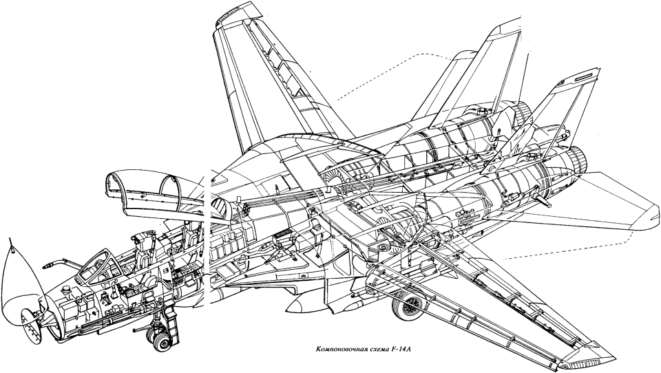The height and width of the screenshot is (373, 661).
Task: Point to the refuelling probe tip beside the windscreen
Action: (x=47, y=266)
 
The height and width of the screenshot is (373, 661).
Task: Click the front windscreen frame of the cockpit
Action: (x=95, y=265)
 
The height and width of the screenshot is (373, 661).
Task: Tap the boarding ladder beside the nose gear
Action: (x=174, y=320)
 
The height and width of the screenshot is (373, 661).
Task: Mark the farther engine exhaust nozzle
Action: (x=525, y=113)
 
